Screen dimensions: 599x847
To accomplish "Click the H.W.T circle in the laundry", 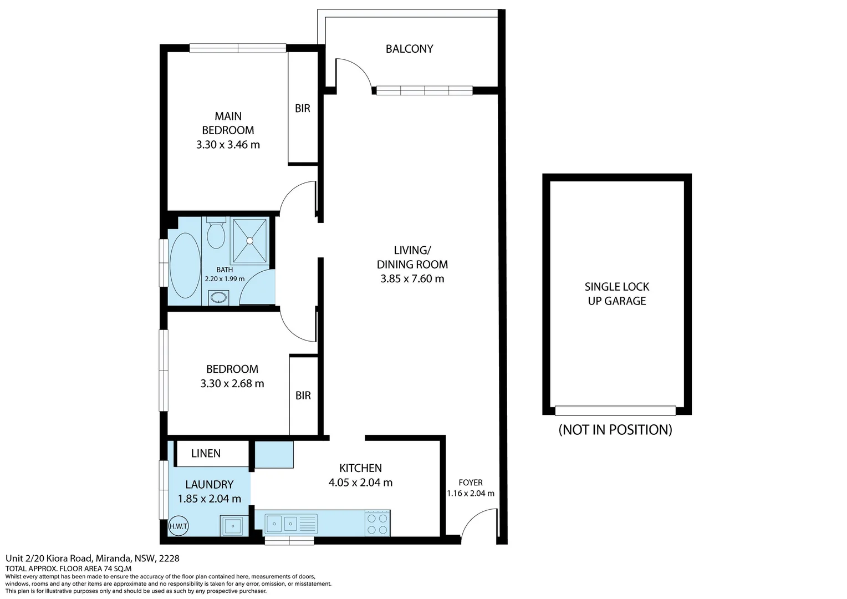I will tap(178, 526).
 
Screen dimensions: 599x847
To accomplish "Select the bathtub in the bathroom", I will tap(185, 266).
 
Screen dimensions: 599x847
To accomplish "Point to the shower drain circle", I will tap(250, 241).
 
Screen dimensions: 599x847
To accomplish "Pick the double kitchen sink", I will tap(282, 523).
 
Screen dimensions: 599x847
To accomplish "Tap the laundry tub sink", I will tap(233, 525).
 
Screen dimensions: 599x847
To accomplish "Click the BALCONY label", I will tap(409, 49).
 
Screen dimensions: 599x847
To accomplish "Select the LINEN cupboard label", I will tap(206, 454).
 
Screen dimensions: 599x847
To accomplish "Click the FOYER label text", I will tap(471, 483).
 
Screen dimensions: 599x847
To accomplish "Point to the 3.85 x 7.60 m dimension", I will tap(412, 279).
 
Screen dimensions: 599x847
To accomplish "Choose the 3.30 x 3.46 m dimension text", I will tap(228, 145).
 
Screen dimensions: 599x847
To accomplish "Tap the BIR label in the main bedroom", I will tap(303, 109).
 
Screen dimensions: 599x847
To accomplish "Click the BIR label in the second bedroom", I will tap(303, 395).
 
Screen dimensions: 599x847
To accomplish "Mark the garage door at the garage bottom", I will tap(615, 410).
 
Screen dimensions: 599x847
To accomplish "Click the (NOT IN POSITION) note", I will tap(615, 430).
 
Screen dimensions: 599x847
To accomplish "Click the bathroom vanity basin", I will tap(219, 297).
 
